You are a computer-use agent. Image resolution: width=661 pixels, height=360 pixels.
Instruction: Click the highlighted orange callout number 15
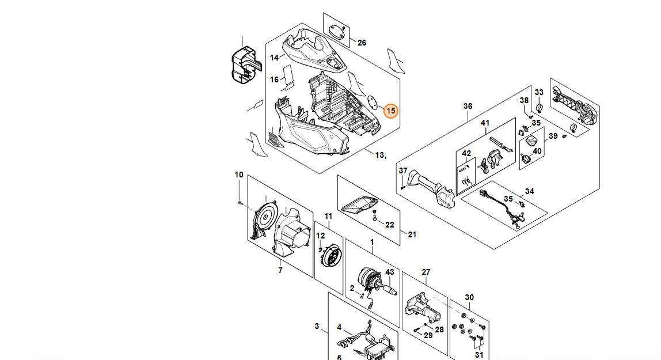pyautogui.click(x=391, y=109)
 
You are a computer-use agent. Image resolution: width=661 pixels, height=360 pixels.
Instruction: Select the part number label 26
pyautogui.click(x=362, y=43)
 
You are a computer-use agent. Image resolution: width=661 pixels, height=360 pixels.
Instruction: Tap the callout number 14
pyautogui.click(x=274, y=58)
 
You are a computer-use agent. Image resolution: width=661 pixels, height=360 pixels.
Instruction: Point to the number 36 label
pyautogui.click(x=468, y=106)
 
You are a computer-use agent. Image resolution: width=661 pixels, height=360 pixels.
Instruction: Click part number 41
pyautogui.click(x=485, y=123)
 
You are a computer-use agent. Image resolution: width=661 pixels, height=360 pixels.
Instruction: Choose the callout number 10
pyautogui.click(x=239, y=175)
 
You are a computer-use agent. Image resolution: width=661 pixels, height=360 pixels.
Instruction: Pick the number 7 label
pyautogui.click(x=280, y=270)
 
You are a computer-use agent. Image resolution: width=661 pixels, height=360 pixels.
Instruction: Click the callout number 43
pyautogui.click(x=390, y=272)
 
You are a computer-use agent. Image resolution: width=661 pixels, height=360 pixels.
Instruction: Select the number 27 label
pyautogui.click(x=426, y=272)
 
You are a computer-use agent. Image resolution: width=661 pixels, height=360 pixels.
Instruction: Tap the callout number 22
pyautogui.click(x=390, y=225)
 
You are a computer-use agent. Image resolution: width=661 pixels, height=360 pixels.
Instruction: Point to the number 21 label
pyautogui.click(x=412, y=234)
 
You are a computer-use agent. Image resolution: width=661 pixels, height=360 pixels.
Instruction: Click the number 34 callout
pyautogui.click(x=529, y=191)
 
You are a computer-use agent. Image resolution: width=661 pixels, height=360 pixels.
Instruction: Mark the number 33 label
pyautogui.click(x=539, y=92)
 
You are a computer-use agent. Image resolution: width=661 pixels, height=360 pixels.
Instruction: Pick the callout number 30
pyautogui.click(x=469, y=297)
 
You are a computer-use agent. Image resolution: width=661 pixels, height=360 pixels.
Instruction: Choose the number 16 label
pyautogui.click(x=275, y=79)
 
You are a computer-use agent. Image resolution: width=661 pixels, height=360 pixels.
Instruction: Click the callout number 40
pyautogui.click(x=537, y=151)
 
